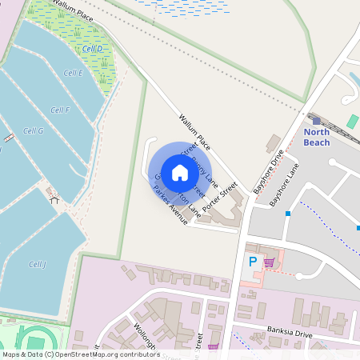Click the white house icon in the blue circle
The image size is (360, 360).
(x=180, y=172)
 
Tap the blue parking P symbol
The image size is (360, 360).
(x=254, y=262)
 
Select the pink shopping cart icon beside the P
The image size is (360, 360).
(x=270, y=262)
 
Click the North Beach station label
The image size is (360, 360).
(x=316, y=137)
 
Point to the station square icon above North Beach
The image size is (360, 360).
(x=316, y=120)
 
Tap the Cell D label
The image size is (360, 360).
(x=93, y=49)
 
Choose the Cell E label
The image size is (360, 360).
(x=73, y=73)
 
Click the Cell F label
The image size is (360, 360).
(x=60, y=110)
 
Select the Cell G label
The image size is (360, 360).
(x=33, y=130)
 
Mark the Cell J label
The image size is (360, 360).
(x=38, y=264)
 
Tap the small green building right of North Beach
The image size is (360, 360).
(x=353, y=121)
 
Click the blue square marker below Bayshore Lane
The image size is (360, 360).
(x=288, y=214)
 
